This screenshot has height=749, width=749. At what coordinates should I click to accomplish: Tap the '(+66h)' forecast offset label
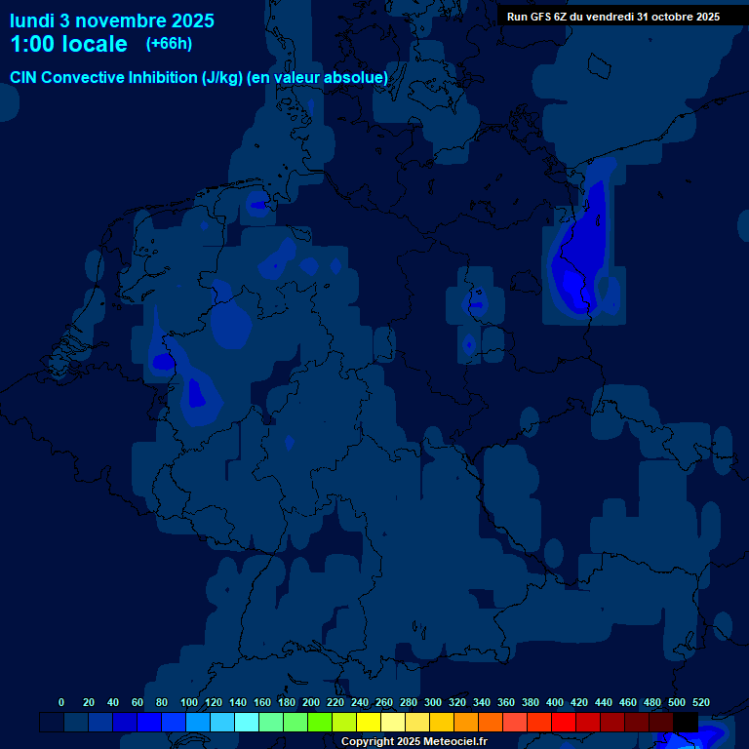tap(169, 43)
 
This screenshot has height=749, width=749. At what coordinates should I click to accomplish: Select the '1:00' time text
tap(29, 44)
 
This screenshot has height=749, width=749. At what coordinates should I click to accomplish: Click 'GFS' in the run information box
tap(539, 16)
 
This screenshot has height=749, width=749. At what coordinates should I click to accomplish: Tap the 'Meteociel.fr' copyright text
tap(449, 742)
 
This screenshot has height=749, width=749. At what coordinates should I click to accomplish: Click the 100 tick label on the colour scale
tap(189, 702)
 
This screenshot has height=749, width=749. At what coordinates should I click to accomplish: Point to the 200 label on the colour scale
tap(311, 702)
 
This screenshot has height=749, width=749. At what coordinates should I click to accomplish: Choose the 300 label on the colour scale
tap(433, 702)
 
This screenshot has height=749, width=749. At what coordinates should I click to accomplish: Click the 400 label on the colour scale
tap(555, 702)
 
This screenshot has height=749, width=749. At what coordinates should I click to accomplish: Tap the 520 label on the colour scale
tap(700, 702)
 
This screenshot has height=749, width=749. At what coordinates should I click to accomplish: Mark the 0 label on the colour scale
tap(61, 702)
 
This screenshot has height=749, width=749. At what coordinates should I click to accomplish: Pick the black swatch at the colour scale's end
tap(686, 722)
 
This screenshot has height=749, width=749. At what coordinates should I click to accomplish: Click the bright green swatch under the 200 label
tap(319, 722)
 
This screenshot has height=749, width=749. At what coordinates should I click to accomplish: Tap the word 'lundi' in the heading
tap(32, 20)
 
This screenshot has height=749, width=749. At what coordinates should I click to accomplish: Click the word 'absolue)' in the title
tap(360, 77)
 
